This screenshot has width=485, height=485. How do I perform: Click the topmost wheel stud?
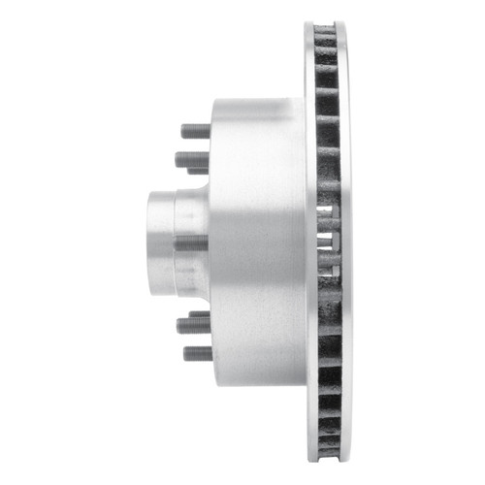click(x=195, y=131)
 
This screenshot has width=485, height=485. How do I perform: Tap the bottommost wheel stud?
click(x=196, y=353)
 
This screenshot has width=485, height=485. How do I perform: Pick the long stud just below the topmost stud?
click(x=191, y=158)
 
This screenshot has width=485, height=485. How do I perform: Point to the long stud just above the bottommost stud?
click(x=192, y=325)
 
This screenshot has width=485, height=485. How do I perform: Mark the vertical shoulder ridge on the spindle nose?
click(x=177, y=242)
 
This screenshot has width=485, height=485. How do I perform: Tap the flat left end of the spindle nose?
click(x=150, y=242)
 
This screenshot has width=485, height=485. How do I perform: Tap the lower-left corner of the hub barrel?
click(x=213, y=382)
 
